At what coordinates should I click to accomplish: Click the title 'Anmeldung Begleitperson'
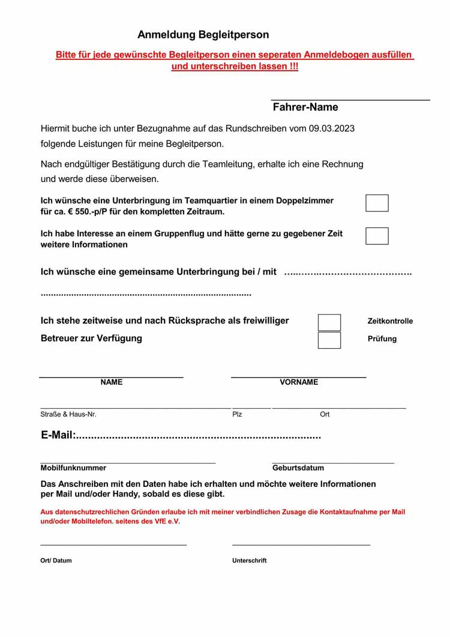[203, 35]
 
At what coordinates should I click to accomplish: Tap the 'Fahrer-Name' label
[305, 107]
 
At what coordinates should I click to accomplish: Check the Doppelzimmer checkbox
[377, 203]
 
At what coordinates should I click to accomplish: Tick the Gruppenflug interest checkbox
[377, 236]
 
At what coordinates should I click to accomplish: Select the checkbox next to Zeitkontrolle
[329, 322]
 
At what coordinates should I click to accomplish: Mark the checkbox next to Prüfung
[329, 340]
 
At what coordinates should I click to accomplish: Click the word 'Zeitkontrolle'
[390, 321]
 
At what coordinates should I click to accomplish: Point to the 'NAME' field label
[112, 382]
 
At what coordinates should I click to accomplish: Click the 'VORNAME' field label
[299, 382]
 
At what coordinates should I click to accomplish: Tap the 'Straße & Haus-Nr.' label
[68, 415]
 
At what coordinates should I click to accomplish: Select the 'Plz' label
[237, 415]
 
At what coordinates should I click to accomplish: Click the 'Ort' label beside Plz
[325, 415]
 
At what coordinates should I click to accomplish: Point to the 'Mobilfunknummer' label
[73, 468]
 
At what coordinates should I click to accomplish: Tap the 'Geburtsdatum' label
[298, 468]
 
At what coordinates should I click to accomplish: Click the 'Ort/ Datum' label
[56, 561]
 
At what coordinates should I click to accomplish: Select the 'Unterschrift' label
[249, 561]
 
